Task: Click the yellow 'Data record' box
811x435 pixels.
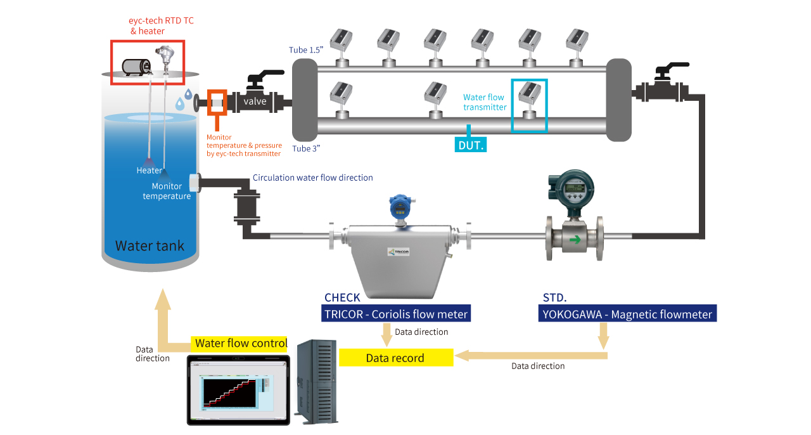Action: coord(396,358)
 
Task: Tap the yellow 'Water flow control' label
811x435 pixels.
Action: coord(239,344)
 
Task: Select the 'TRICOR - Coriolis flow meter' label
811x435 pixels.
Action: coord(397,314)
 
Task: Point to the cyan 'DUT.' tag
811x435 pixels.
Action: coord(471,145)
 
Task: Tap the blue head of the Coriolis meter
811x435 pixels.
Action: coord(399,205)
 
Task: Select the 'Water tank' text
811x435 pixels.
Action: coord(150,245)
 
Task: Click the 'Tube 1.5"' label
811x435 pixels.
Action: coord(306,49)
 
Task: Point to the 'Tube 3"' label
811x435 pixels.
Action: coord(305,149)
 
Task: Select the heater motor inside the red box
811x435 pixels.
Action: coord(136,67)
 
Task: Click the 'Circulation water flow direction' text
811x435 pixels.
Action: coord(313,178)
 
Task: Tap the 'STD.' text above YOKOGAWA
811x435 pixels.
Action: coord(555,297)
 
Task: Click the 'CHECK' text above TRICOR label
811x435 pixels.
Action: coord(342,297)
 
